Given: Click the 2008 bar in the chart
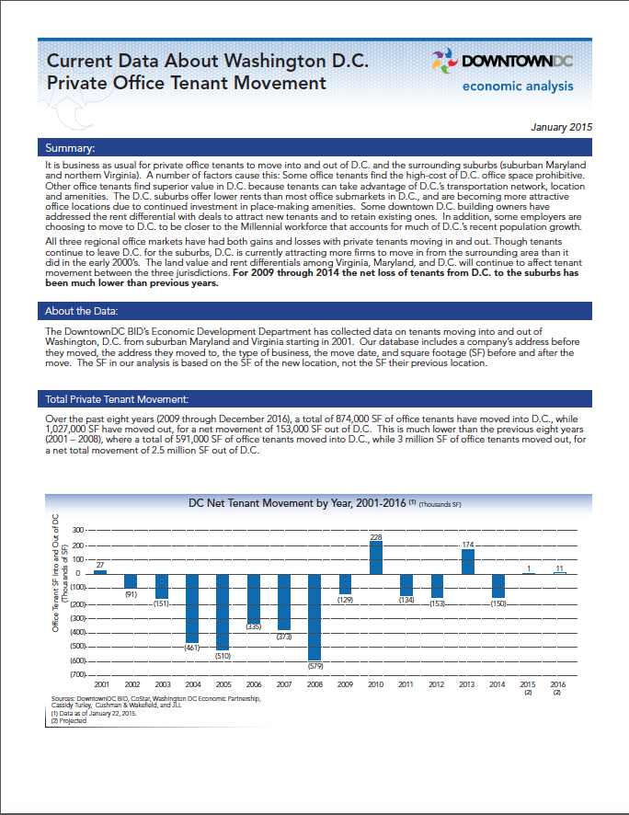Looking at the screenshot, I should coord(314,615).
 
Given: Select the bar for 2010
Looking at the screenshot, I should coord(376,557).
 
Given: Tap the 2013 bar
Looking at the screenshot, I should coord(467,561).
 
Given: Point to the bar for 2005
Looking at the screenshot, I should coord(223,611).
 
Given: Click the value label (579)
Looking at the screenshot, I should coord(314,664).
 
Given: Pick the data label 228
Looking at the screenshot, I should coord(376,536).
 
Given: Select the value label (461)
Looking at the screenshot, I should coord(192,648).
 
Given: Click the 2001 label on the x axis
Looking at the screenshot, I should coord(100,685).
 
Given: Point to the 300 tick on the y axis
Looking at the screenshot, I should coord(76,530).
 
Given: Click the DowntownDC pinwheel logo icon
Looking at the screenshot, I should coord(444,61).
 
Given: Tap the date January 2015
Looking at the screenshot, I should coord(563,126).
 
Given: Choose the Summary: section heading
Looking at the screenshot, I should coord(71,148).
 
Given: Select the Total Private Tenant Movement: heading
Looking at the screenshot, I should coord(116,399).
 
